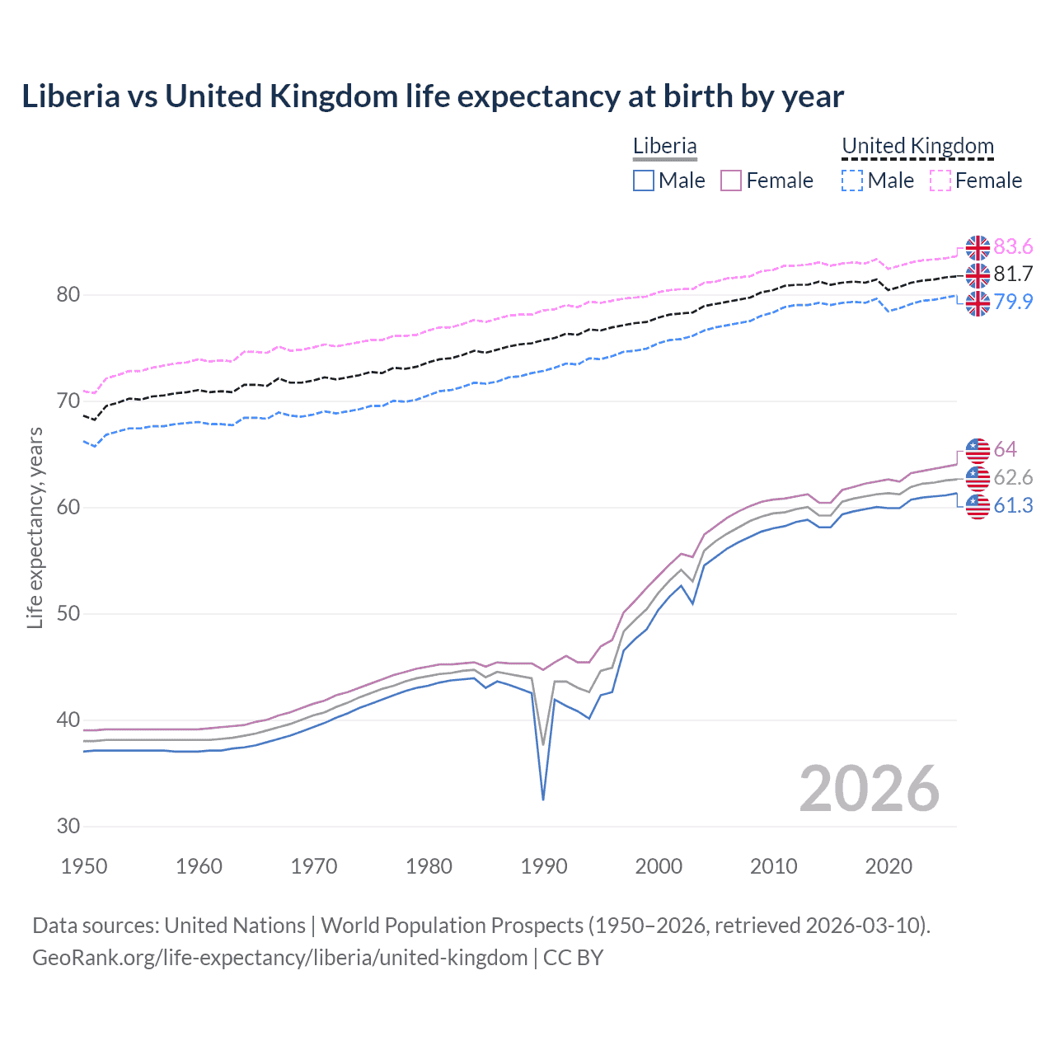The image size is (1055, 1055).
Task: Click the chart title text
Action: click(x=433, y=96)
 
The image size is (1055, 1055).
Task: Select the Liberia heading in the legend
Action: click(x=664, y=146)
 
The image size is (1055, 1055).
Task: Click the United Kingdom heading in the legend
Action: click(x=917, y=146)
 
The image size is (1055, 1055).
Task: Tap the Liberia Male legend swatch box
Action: click(x=644, y=181)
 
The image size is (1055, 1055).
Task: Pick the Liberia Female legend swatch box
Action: click(x=731, y=181)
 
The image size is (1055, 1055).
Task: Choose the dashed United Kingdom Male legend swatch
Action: click(x=852, y=181)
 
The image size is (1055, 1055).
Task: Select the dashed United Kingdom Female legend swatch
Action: click(x=940, y=181)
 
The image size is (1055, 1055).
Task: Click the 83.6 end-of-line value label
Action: click(x=1013, y=246)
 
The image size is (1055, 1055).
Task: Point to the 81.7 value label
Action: click(x=1013, y=274)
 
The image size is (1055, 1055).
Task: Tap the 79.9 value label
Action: click(x=1013, y=302)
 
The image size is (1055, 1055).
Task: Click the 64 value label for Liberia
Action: click(x=1005, y=449)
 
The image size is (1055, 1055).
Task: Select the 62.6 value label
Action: click(x=1013, y=477)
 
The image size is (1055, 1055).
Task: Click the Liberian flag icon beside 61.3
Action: click(x=978, y=506)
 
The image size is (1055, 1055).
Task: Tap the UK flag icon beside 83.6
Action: click(x=978, y=247)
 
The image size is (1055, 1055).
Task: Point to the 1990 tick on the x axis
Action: click(x=544, y=866)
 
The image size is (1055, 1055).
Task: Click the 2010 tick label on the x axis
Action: click(x=773, y=866)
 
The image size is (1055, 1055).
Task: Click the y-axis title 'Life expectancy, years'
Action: click(x=35, y=527)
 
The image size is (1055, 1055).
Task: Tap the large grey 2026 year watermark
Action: click(x=869, y=789)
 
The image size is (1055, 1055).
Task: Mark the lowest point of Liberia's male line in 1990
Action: click(x=543, y=799)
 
